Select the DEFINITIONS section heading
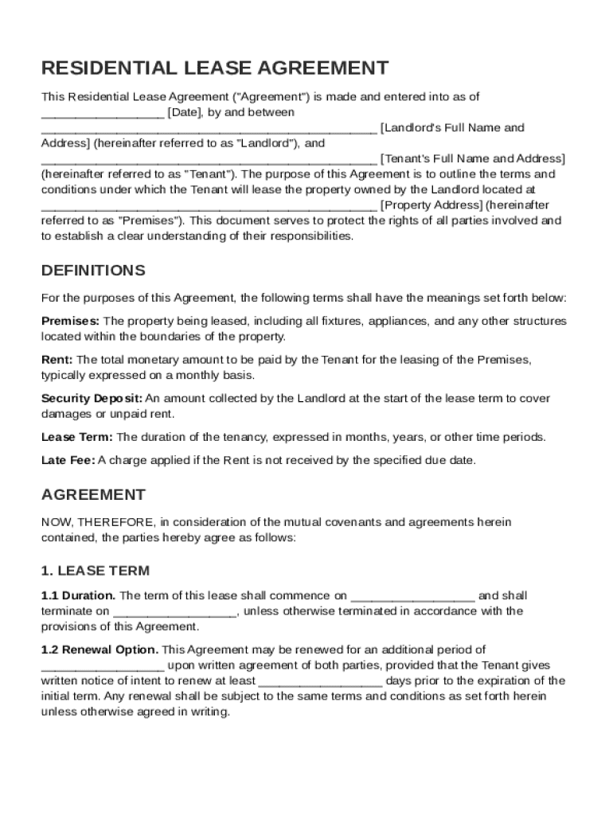[93, 271]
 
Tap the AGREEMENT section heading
[93, 495]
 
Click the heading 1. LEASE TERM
[95, 571]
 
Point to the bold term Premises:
[71, 321]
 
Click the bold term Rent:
[57, 360]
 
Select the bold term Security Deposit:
[92, 398]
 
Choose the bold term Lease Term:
[77, 437]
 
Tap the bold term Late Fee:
[68, 460]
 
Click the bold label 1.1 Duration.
[78, 595]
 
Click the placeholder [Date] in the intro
[185, 112]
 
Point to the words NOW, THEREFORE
[98, 523]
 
